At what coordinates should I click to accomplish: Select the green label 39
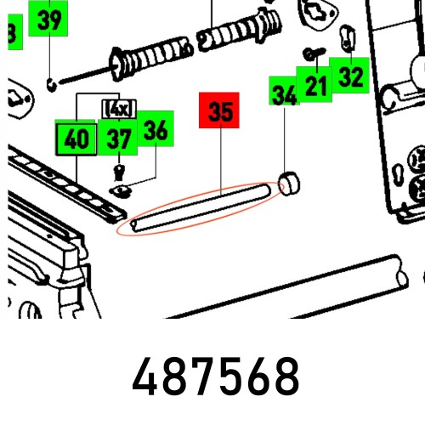pyautogui.click(x=50, y=19)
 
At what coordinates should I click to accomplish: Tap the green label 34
pyautogui.click(x=284, y=95)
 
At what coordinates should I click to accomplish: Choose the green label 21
pyautogui.click(x=316, y=83)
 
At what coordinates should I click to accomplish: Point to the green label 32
pyautogui.click(x=350, y=76)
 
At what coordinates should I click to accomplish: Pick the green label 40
pyautogui.click(x=76, y=139)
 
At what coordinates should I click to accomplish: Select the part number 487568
pyautogui.click(x=216, y=377)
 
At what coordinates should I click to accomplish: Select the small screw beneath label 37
pyautogui.click(x=120, y=169)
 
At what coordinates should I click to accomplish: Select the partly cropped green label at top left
pyautogui.click(x=11, y=32)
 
